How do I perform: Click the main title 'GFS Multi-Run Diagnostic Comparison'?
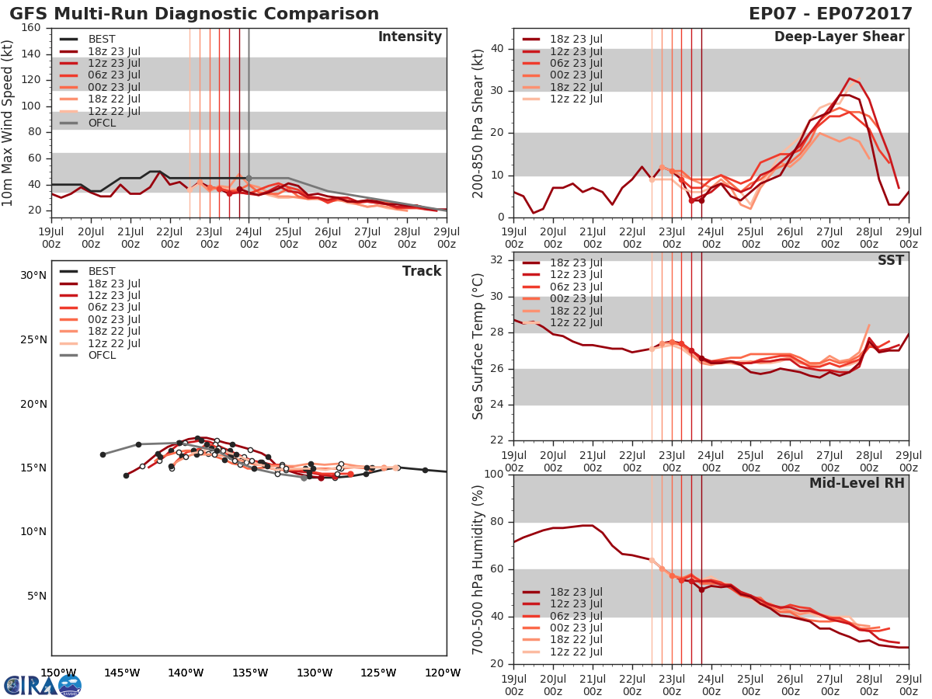(x=194, y=14)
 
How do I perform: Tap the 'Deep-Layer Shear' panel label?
(x=839, y=37)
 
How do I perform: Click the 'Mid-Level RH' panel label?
(x=857, y=483)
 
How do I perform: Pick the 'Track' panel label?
(x=422, y=271)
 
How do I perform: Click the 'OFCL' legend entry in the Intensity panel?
(x=102, y=123)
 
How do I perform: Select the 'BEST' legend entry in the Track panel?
(x=102, y=271)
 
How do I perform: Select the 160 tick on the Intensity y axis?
(x=31, y=28)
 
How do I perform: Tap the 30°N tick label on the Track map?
(x=33, y=275)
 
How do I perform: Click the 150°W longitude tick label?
(x=58, y=673)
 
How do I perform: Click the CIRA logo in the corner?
(x=42, y=685)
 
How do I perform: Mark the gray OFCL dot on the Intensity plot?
(x=249, y=178)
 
